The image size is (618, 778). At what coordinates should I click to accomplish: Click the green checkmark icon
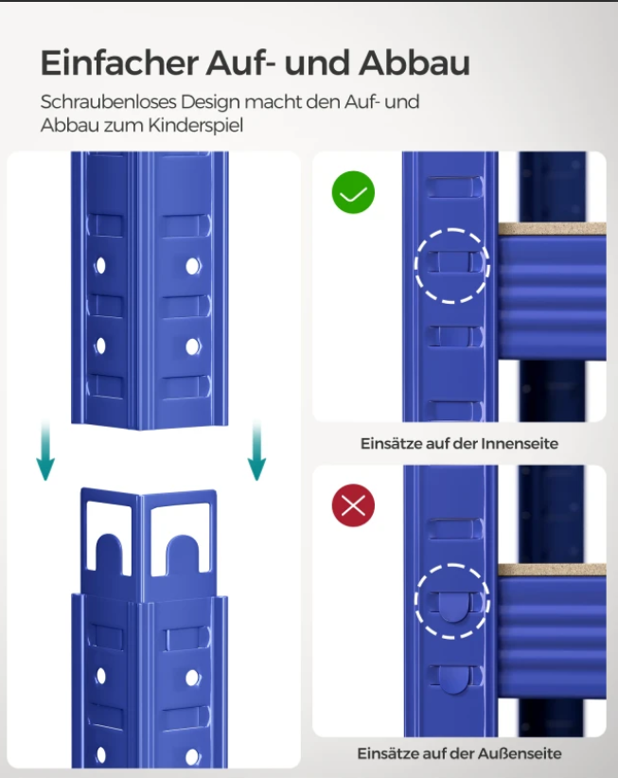pos(353,192)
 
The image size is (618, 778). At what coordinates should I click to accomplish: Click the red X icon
pos(353,505)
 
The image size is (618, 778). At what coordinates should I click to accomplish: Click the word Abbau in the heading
pos(415,63)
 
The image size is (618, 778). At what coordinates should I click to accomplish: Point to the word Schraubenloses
pos(109,101)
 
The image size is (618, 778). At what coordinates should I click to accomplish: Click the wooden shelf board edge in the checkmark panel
pos(552,229)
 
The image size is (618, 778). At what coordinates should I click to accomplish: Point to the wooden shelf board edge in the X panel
pos(552,570)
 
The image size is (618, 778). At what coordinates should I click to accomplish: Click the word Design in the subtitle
pos(210,101)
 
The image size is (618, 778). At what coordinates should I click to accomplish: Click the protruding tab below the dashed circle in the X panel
pos(451,680)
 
